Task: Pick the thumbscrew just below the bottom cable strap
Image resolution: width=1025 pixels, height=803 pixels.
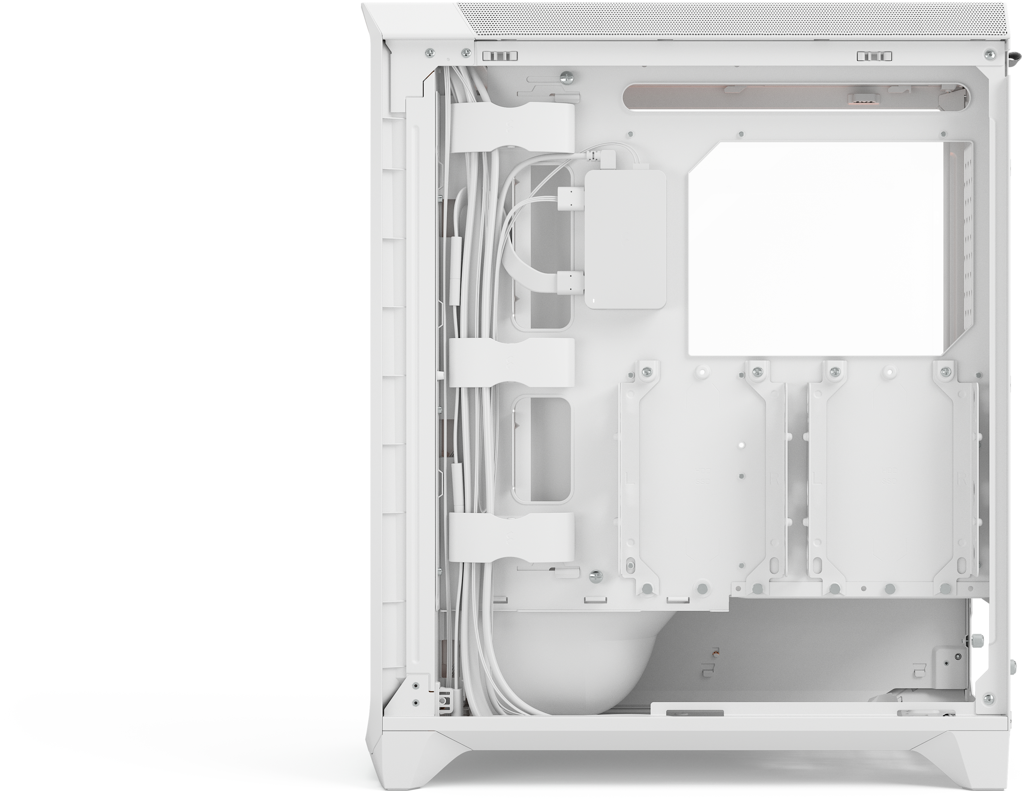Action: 595,576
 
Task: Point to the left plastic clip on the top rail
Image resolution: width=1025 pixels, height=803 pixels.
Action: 500,56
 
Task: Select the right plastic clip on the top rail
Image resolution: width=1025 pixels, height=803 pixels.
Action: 874,56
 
